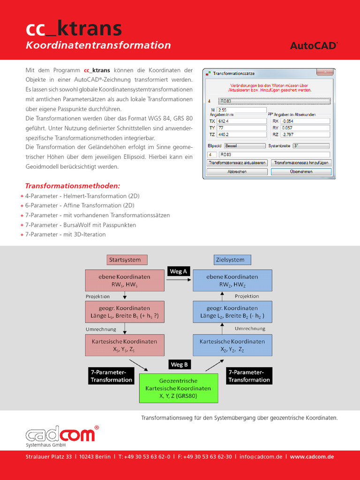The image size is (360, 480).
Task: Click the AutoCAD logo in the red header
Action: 314,45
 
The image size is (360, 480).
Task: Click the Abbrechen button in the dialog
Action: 237,172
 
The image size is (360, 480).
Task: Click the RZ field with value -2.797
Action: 305,135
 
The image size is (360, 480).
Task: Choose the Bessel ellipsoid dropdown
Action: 244,146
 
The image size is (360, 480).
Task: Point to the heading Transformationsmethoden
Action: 73,186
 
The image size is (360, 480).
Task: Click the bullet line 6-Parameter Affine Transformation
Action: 80,205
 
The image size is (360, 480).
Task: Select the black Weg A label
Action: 178,271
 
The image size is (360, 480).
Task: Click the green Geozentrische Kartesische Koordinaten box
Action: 178,388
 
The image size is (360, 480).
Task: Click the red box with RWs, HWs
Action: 124,280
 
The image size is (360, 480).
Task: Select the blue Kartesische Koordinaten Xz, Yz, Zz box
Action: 232,345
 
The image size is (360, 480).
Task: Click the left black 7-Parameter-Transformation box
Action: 111,376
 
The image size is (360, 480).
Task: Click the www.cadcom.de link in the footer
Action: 312,457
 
